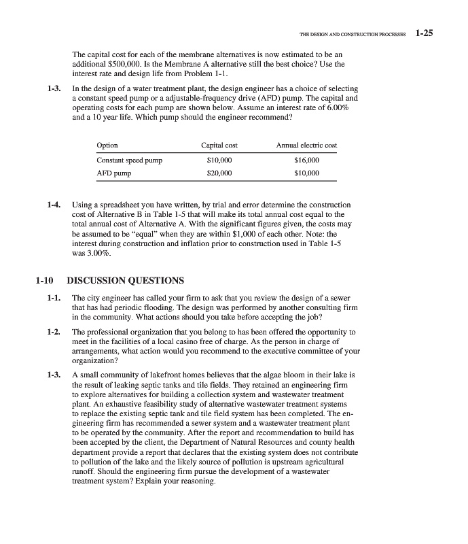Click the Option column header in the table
pyautogui.click(x=107, y=145)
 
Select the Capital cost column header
pyautogui.click(x=219, y=145)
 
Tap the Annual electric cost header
pyautogui.click(x=306, y=145)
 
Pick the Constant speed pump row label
pyautogui.click(x=130, y=160)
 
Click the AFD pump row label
pyautogui.click(x=114, y=173)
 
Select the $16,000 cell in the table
pyautogui.click(x=306, y=160)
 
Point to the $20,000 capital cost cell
pyautogui.click(x=219, y=173)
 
